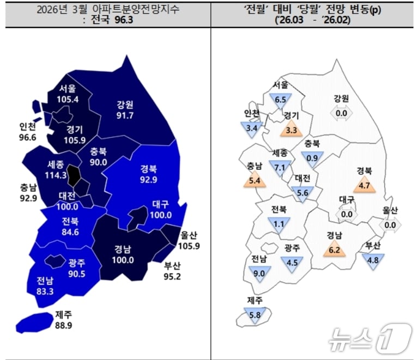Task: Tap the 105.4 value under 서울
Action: point(68,99)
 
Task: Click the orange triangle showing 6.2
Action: point(335,250)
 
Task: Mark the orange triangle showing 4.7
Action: point(365,185)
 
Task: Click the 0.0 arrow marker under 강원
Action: point(341,113)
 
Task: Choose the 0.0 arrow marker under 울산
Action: point(390,225)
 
